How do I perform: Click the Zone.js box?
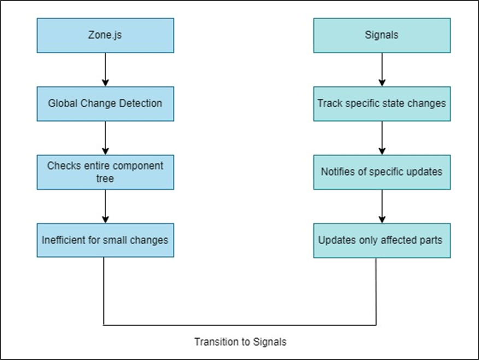tap(106, 36)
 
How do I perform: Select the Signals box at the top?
tap(382, 36)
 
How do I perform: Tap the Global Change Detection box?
tap(106, 103)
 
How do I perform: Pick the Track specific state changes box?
tap(382, 103)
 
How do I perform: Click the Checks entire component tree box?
tap(106, 172)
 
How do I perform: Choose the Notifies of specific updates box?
tap(382, 172)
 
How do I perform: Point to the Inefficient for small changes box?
tap(106, 240)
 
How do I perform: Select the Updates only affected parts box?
tap(382, 240)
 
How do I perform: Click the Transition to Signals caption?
tap(240, 342)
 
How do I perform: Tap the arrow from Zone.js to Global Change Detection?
tap(106, 69)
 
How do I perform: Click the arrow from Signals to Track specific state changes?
tap(382, 69)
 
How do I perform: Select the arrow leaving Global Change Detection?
tap(106, 138)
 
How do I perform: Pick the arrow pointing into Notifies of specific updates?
tap(382, 138)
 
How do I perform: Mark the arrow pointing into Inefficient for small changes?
tap(106, 206)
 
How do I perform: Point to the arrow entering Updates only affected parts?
tap(382, 206)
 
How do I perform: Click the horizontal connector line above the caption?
tap(240, 326)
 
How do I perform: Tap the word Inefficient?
tap(59, 240)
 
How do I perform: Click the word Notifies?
tap(334, 172)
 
